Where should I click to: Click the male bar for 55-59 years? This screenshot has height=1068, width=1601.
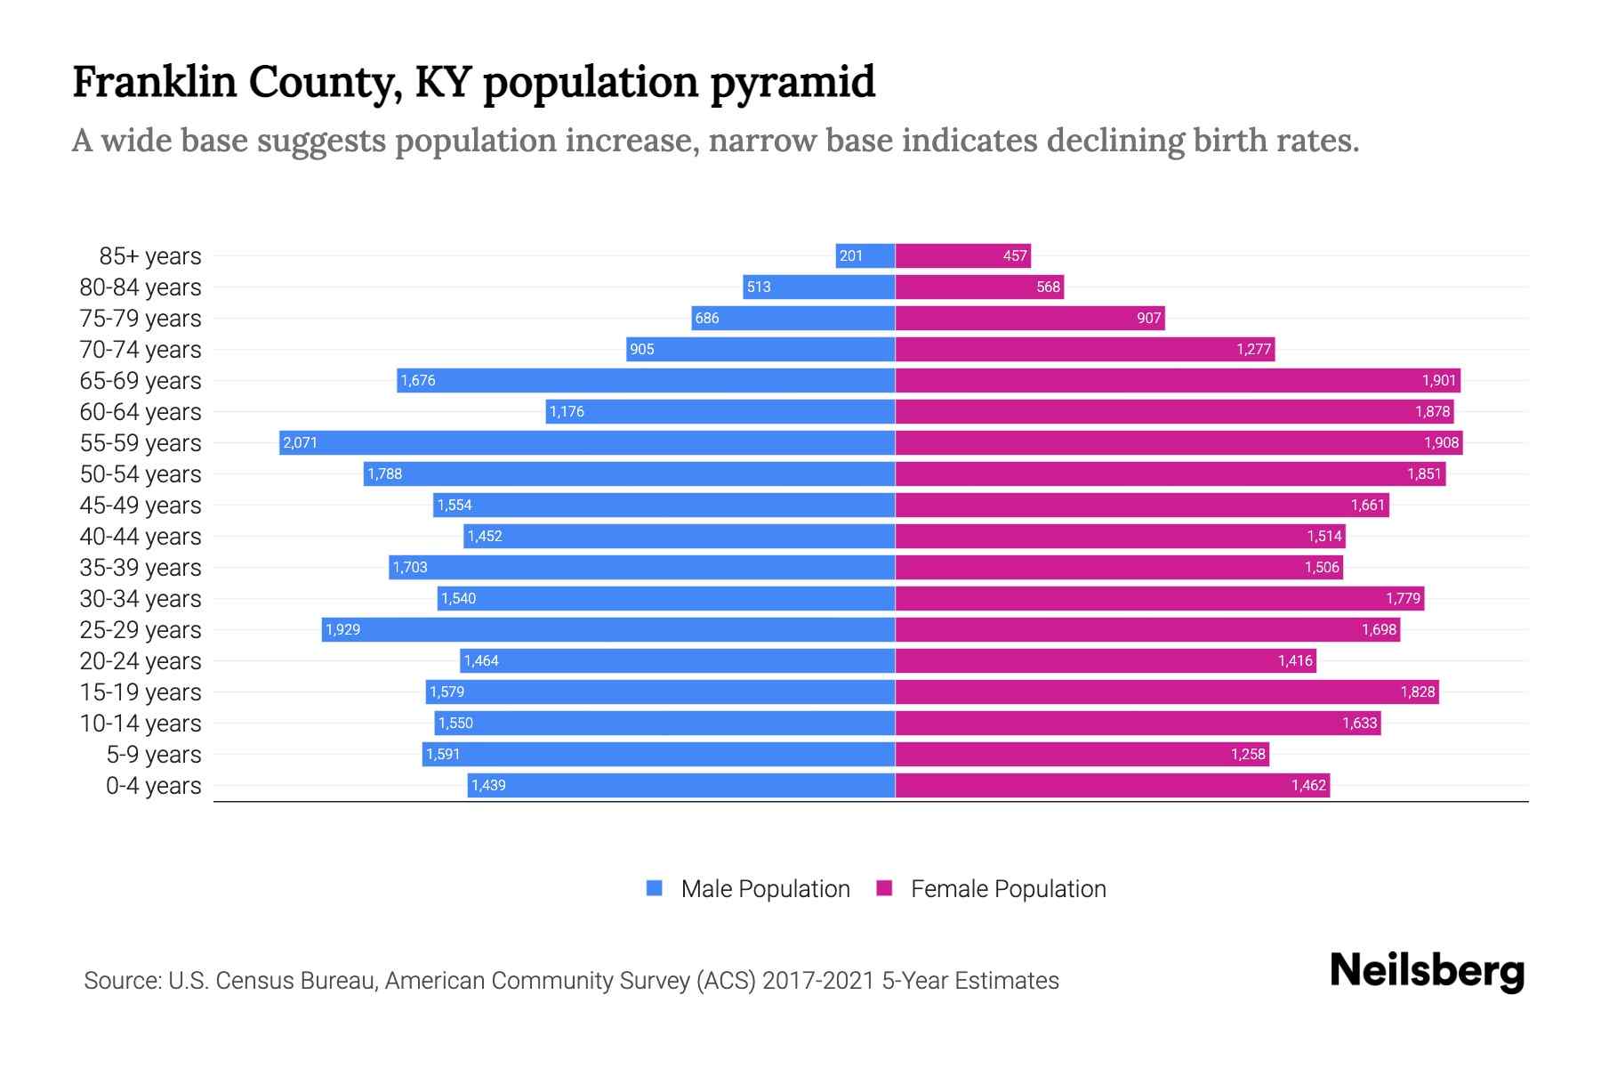(x=587, y=442)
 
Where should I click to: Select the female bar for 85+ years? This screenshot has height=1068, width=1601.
(x=962, y=256)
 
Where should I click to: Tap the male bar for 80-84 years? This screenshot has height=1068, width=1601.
(x=818, y=287)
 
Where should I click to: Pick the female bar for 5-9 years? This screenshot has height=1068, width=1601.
(x=1082, y=755)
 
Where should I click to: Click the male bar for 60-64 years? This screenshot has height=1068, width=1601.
(x=720, y=412)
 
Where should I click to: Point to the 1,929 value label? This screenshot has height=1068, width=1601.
(x=342, y=630)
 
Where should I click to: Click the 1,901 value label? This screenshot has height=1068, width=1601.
(x=1438, y=381)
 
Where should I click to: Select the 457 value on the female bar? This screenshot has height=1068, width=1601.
(x=1015, y=256)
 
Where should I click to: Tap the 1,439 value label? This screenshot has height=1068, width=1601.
(x=488, y=786)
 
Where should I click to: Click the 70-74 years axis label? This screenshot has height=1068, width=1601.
(x=141, y=350)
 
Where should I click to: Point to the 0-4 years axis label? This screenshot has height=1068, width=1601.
(x=153, y=786)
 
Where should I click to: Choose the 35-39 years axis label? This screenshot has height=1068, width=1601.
(x=141, y=568)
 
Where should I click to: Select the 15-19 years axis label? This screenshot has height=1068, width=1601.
(x=141, y=692)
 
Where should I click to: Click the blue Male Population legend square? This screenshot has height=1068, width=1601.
(x=655, y=888)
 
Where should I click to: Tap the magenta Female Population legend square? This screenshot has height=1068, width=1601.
(x=884, y=888)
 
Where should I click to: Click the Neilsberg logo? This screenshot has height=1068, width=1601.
(x=1427, y=971)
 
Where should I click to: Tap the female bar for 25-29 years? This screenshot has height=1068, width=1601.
(x=1147, y=630)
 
